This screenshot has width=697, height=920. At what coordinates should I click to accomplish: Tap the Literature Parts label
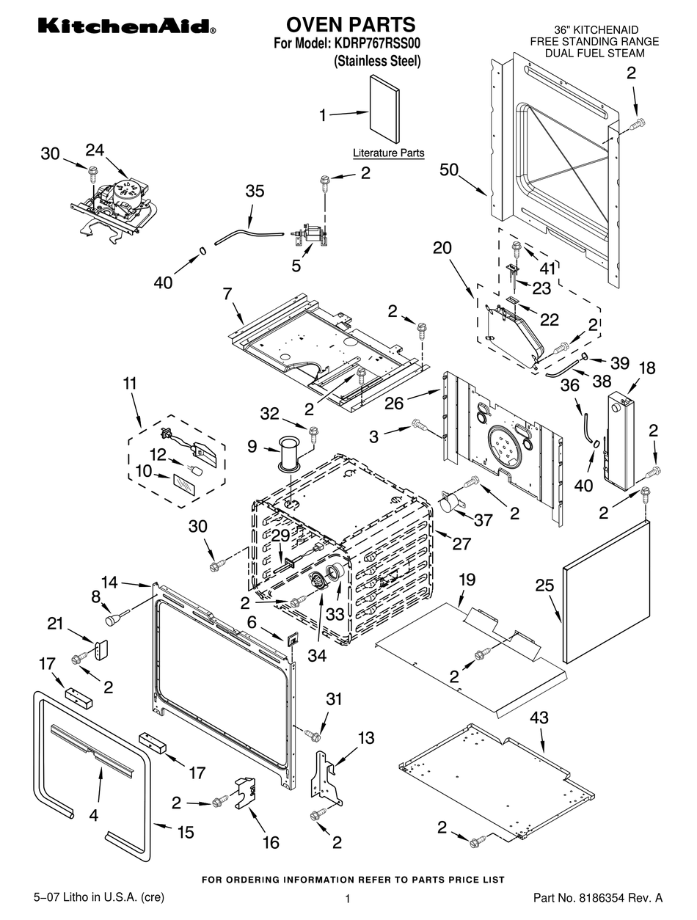pos(388,153)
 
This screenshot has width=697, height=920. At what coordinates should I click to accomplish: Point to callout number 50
pos(449,169)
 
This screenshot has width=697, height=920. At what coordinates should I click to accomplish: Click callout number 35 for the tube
pos(255,191)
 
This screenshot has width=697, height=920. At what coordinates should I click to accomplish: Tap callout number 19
pos(467,580)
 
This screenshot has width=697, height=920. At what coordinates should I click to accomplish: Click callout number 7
pos(227,293)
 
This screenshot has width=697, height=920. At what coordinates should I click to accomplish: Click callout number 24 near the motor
pos(95,150)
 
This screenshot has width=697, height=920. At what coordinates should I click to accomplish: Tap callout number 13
pos(365,737)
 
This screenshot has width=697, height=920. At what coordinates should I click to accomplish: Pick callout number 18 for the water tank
pos(647,368)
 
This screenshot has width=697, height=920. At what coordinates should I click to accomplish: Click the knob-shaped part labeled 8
pos(113,621)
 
